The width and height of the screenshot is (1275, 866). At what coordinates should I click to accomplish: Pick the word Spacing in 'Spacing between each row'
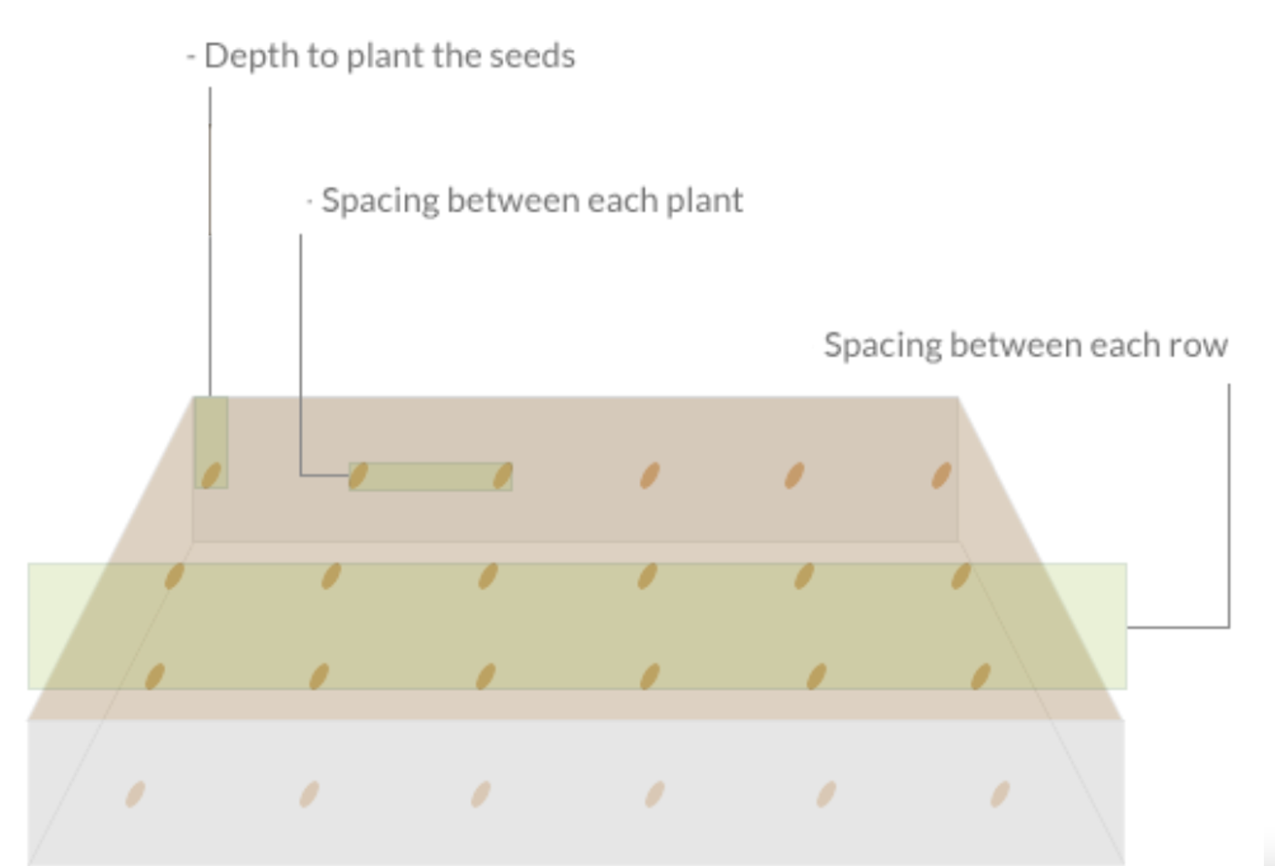[882, 346]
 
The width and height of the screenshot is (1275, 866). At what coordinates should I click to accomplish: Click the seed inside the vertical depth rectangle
[211, 476]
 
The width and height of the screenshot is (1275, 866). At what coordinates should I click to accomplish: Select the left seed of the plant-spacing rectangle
[358, 476]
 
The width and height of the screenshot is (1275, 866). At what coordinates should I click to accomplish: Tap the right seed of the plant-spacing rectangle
[502, 476]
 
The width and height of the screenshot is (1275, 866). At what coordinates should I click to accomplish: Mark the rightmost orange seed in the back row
[941, 476]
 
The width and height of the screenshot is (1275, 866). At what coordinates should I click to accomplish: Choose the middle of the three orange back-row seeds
[794, 476]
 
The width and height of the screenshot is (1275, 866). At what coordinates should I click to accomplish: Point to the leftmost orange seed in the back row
[649, 476]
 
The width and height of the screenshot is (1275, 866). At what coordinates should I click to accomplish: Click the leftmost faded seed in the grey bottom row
[135, 794]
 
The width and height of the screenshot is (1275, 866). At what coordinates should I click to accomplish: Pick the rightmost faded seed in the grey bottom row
[1000, 794]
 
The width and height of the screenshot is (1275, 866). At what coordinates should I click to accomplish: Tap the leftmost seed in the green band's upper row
[174, 577]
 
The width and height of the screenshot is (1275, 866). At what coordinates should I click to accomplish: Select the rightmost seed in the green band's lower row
[980, 676]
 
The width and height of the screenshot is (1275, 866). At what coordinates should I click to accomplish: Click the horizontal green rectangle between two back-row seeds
[431, 477]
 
